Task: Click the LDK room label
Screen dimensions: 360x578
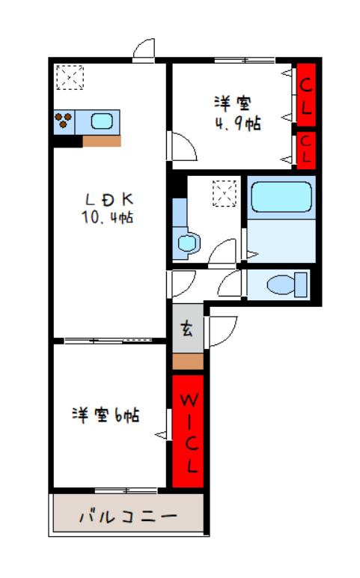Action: (109, 199)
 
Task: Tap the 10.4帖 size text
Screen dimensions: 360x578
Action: (107, 217)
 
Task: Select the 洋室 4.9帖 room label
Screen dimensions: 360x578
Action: (238, 113)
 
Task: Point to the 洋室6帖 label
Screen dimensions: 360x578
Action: (106, 415)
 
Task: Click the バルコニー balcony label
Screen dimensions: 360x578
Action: (128, 517)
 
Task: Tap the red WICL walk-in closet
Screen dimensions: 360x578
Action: (188, 431)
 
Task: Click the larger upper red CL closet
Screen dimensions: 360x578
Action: (306, 94)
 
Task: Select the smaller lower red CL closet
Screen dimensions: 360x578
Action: (306, 150)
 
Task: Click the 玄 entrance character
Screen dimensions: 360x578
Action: (188, 329)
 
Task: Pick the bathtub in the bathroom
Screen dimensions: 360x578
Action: (281, 197)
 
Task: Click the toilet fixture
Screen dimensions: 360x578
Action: (287, 285)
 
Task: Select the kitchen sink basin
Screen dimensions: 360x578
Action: (102, 121)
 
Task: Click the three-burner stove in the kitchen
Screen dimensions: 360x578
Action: (64, 121)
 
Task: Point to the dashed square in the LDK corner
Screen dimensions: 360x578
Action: (70, 77)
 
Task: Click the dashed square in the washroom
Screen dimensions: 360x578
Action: (225, 193)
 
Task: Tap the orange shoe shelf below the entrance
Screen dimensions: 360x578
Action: (188, 361)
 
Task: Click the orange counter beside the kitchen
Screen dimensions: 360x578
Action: (102, 142)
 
